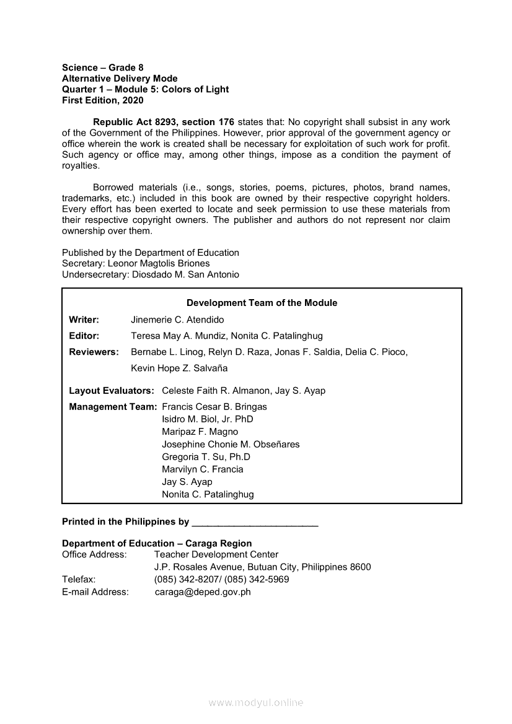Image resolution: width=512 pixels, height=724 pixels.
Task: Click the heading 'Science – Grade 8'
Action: (102, 68)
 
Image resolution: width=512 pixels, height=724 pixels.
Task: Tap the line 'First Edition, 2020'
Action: (102, 100)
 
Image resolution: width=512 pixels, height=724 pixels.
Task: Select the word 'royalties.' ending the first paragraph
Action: (81, 166)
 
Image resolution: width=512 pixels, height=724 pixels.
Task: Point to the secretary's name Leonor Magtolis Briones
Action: (159, 263)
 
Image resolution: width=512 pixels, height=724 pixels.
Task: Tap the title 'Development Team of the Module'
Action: (262, 303)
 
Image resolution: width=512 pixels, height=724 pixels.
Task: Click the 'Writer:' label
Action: (84, 320)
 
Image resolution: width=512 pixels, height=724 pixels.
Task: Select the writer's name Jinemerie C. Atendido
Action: (177, 320)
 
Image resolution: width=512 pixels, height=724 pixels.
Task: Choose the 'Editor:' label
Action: (84, 336)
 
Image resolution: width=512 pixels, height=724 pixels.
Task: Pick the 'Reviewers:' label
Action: (94, 352)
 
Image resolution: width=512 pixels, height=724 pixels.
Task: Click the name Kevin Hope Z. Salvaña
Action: (179, 368)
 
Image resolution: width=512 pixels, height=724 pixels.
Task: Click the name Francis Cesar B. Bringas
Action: (214, 407)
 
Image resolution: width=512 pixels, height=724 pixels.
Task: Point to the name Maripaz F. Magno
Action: (200, 432)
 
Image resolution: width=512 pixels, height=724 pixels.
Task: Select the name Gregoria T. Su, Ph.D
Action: (206, 456)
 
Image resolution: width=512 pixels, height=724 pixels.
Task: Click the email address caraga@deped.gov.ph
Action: (203, 591)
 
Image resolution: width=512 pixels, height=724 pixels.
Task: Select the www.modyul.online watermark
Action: (256, 702)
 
